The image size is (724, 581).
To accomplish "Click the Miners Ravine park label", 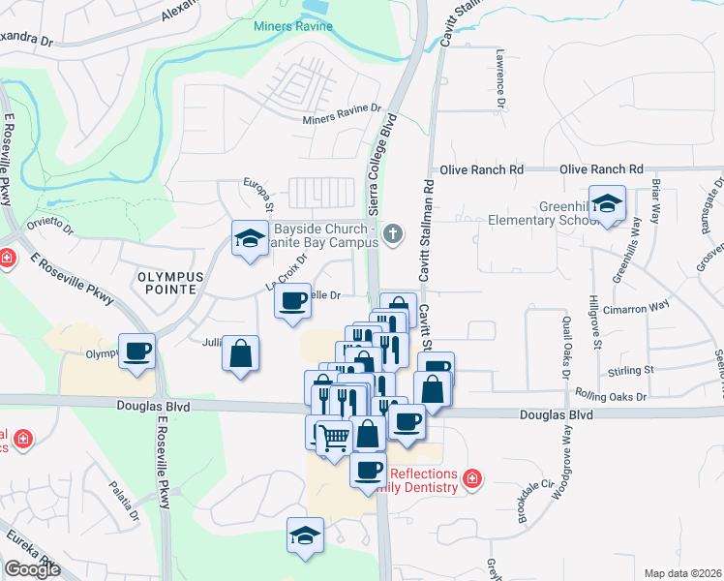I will pos(293,26).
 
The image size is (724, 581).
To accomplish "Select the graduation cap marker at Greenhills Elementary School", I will pos(608,204).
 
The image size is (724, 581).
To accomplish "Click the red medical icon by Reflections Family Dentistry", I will pos(472,477).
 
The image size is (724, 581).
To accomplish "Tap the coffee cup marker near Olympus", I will pos(137,350).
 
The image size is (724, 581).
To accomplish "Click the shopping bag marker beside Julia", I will pos(240,352).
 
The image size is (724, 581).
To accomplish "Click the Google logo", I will pos(32,569).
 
